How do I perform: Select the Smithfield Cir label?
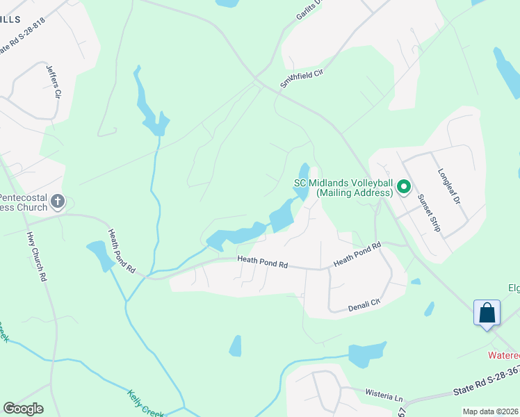(x=302, y=73)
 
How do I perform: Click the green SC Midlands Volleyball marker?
(x=403, y=187)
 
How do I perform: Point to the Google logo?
(x=23, y=409)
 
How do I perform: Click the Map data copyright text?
(x=491, y=411)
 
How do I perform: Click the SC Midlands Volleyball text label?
(x=343, y=188)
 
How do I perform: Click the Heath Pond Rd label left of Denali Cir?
(x=263, y=263)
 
